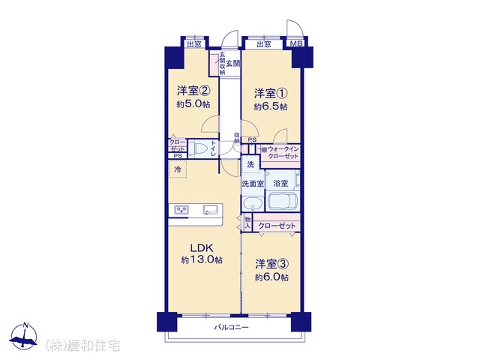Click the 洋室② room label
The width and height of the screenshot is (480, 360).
click(193, 91)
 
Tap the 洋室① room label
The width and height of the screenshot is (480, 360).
click(271, 93)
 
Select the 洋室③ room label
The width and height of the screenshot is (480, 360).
click(271, 264)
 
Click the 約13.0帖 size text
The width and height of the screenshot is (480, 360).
click(202, 260)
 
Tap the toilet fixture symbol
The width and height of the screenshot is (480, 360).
click(198, 149)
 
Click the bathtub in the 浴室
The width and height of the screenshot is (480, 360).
click(283, 202)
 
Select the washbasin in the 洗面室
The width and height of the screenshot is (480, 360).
click(253, 203)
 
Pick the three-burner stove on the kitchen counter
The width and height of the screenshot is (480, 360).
click(181, 210)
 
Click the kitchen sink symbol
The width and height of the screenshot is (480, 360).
click(210, 210)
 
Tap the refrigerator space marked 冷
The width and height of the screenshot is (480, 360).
click(178, 169)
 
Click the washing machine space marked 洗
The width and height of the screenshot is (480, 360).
click(250, 164)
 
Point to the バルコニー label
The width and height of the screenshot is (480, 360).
click(232, 328)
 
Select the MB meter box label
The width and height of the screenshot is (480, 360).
click(296, 43)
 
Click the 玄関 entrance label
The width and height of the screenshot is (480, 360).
click(233, 64)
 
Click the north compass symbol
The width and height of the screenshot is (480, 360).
click(23, 336)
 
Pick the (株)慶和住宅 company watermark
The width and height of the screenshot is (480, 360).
click(82, 346)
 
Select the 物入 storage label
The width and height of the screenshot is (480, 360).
click(247, 223)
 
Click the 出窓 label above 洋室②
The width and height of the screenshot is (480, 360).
click(194, 45)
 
